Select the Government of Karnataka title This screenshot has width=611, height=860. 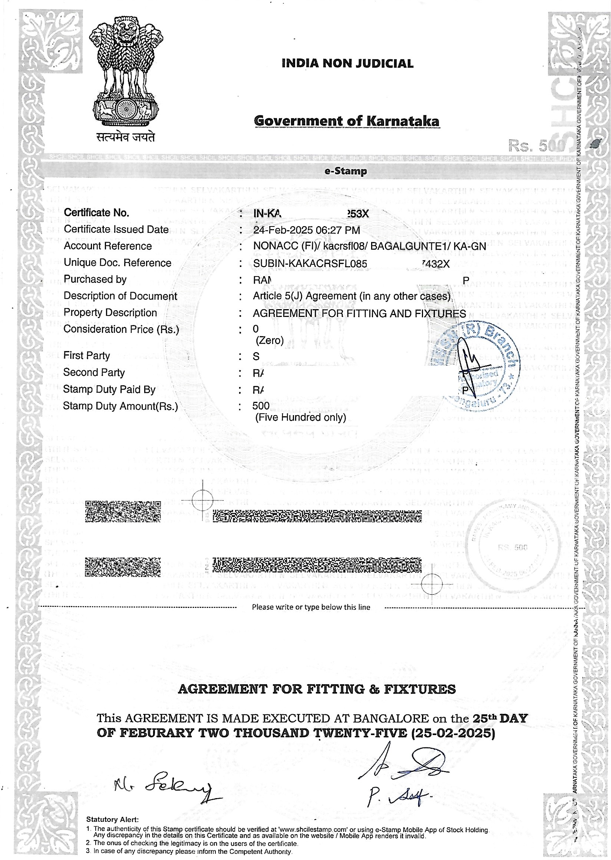tap(347, 121)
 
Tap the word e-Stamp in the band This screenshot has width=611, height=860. tap(346, 172)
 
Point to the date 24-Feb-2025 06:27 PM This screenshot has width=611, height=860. tap(307, 230)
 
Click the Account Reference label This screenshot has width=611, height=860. tap(108, 246)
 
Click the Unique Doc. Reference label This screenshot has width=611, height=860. tap(117, 262)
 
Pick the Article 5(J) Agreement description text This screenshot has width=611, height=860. tap(351, 296)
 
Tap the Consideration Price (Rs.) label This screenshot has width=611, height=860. tap(121, 329)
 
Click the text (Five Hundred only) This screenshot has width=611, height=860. tap(301, 417)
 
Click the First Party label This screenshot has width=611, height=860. tap(86, 355)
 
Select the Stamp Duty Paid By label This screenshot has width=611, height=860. tap(109, 389)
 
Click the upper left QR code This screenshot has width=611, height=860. tap(123, 510)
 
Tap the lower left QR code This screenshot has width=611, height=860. tap(123, 567)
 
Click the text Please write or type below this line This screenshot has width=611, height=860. tap(311, 607)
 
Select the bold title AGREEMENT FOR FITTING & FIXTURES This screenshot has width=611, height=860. tap(316, 689)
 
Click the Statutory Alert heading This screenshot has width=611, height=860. tap(112, 819)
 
